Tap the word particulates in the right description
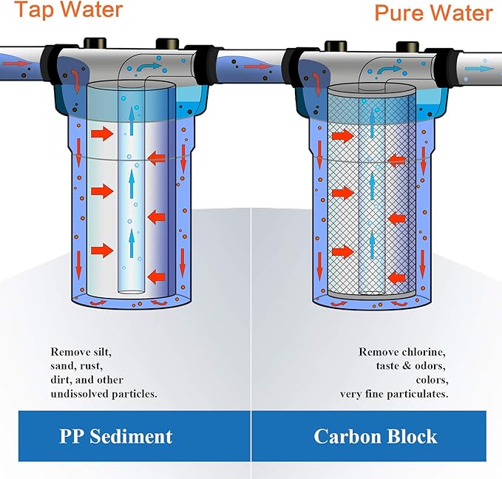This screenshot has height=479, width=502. pyautogui.click(x=415, y=394)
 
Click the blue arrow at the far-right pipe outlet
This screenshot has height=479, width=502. pyautogui.click(x=483, y=68)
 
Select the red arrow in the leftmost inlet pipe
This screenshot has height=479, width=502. pyautogui.click(x=16, y=64)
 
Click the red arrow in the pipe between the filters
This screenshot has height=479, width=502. pyautogui.click(x=253, y=67)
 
